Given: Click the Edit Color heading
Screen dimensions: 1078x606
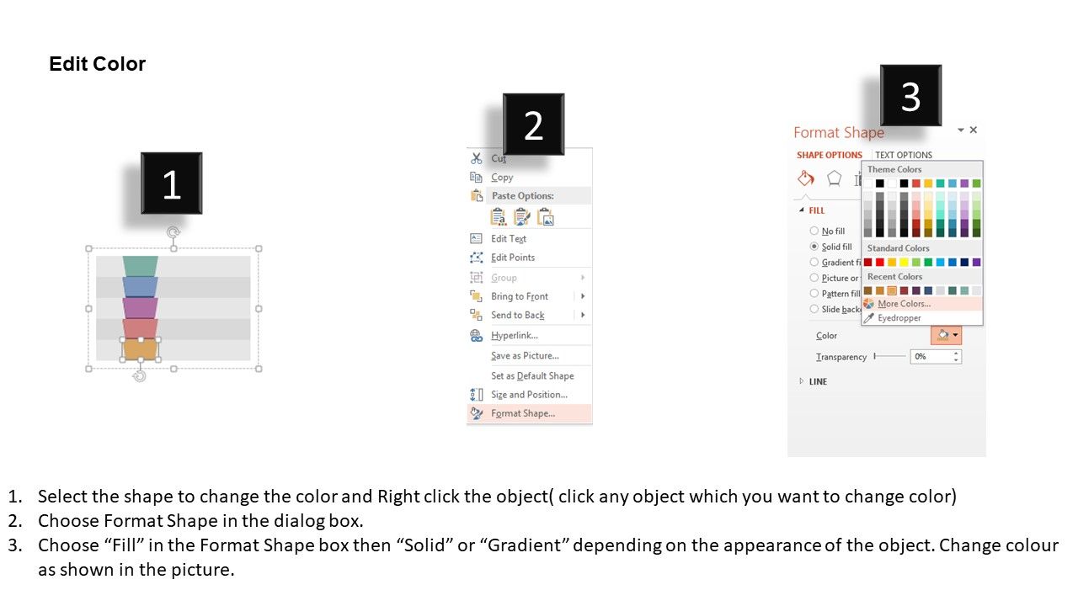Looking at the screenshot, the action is tap(97, 64).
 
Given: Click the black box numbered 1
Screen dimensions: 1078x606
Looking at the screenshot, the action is tap(171, 183).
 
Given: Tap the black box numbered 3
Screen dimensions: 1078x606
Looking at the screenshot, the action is tap(910, 95).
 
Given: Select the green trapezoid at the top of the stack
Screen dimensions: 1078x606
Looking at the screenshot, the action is tap(140, 266).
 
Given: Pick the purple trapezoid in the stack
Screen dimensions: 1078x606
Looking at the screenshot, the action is tap(140, 308).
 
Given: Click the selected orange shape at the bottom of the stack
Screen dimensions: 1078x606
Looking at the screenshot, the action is tap(140, 349).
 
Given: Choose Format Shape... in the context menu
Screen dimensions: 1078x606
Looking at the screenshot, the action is tap(523, 413).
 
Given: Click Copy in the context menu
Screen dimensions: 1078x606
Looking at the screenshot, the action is tap(502, 178).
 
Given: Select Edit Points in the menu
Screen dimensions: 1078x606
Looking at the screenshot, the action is tap(513, 258).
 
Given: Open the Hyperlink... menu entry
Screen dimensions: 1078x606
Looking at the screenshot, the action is tap(514, 335).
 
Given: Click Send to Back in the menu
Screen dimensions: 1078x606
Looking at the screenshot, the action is tap(517, 315).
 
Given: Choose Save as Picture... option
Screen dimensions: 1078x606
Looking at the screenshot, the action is tap(525, 355).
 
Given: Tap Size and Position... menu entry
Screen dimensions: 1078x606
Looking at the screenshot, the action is tap(529, 395).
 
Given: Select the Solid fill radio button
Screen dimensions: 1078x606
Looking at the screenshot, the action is tap(814, 247).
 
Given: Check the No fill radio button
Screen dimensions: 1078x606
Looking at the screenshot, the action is tap(814, 231).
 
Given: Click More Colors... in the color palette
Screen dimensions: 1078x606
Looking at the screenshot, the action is tap(904, 304).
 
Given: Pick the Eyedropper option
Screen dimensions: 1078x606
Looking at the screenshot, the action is tap(899, 318).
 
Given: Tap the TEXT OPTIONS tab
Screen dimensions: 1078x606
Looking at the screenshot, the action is tap(904, 155).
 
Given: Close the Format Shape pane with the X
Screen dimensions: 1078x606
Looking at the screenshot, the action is tap(973, 130).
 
